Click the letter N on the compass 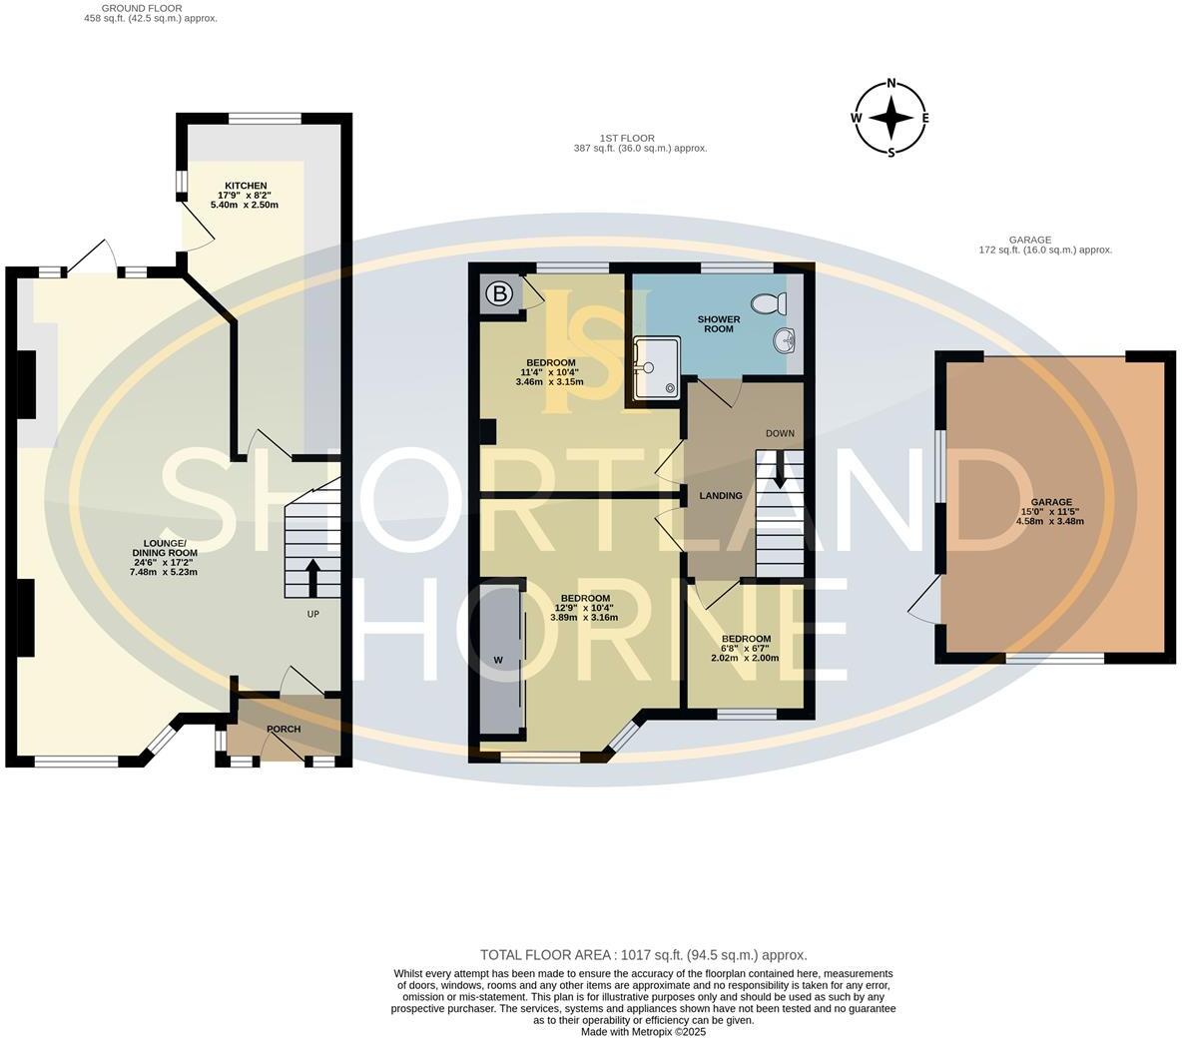click(x=891, y=84)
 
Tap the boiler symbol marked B click(x=497, y=293)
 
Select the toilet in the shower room click(x=768, y=302)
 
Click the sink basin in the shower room click(x=784, y=341)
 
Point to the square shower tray click(x=655, y=366)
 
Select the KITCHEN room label click(x=246, y=186)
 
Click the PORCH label click(x=284, y=729)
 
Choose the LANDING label click(x=720, y=495)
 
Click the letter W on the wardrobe click(x=497, y=660)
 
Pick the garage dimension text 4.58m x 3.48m click(x=1051, y=521)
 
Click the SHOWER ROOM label click(x=718, y=323)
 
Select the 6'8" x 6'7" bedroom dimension click(x=746, y=649)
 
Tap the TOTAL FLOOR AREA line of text click(x=643, y=955)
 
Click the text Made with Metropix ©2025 click(x=644, y=1032)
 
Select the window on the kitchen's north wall click(x=265, y=119)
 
